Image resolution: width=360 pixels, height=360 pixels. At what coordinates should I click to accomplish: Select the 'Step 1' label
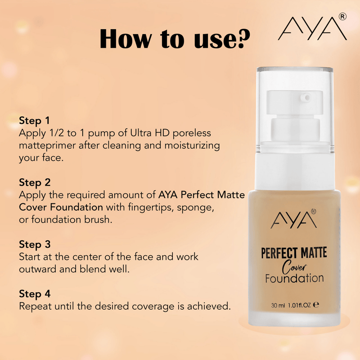click(34, 121)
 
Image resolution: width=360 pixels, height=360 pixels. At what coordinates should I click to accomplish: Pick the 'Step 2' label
click(35, 182)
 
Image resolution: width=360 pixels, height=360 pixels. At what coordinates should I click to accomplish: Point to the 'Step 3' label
click(35, 244)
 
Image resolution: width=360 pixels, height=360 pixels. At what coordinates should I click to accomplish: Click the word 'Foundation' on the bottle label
click(294, 278)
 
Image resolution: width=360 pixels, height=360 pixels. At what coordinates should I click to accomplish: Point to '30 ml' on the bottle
click(278, 304)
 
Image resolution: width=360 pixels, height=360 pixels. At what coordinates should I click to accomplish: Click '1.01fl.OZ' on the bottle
click(305, 304)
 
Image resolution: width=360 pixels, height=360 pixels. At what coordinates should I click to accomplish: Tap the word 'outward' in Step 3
click(37, 269)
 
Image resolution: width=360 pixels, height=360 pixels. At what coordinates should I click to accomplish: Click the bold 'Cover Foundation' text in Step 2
click(61, 207)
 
